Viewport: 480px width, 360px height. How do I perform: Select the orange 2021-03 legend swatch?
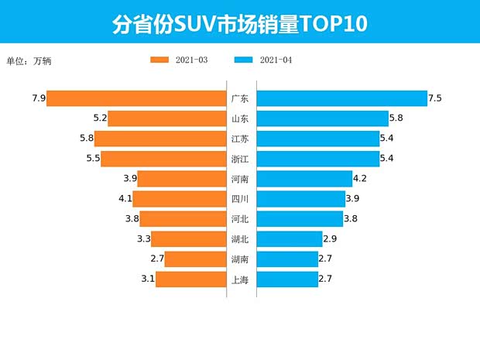point(160,60)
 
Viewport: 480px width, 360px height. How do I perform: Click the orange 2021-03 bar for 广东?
point(135,98)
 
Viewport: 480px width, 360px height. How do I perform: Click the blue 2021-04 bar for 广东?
point(341,98)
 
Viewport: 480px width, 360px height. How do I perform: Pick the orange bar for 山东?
point(166,118)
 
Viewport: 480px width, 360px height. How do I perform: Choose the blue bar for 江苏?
point(317,139)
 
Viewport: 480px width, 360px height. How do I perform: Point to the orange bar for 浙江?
point(163,159)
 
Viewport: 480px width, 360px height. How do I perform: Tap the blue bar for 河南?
point(303,179)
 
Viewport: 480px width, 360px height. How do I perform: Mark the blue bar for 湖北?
point(289,238)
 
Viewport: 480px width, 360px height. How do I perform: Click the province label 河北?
point(240,219)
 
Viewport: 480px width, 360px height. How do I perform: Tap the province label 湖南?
point(240,259)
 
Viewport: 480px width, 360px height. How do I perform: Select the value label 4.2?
point(359,179)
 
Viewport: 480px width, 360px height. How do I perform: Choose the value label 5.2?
point(99,118)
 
